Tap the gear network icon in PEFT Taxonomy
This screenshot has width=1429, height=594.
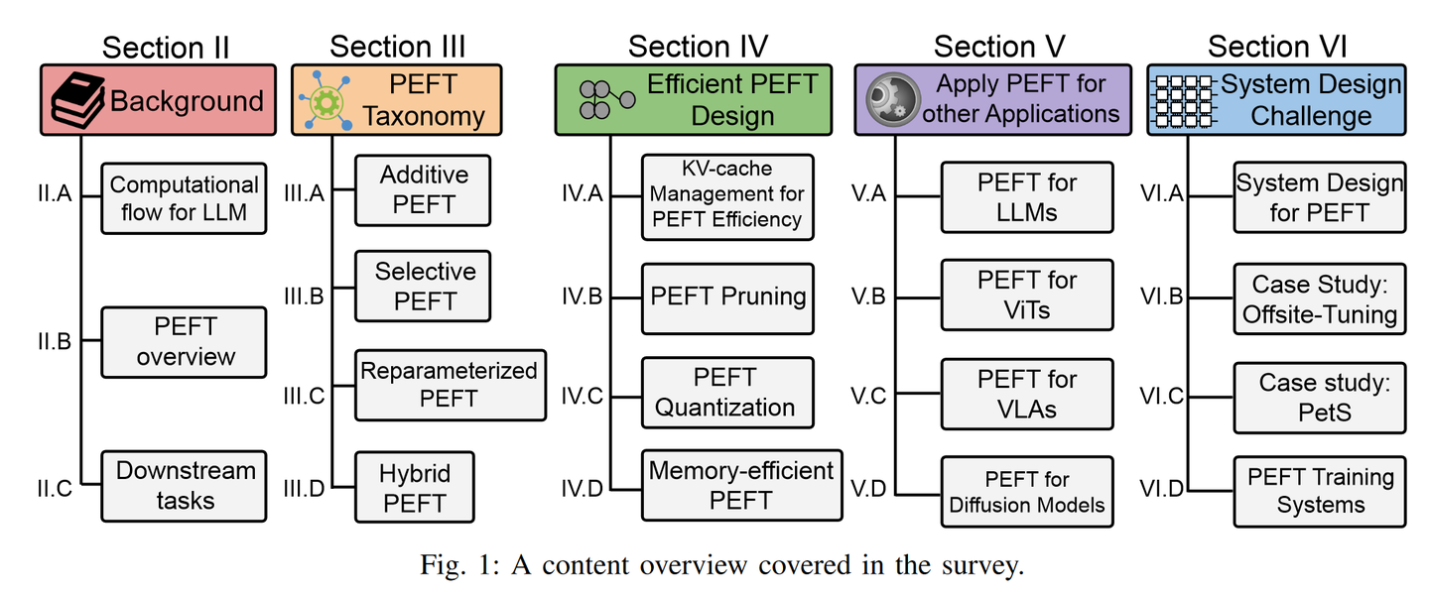(324, 101)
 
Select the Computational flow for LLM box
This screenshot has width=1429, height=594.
(184, 198)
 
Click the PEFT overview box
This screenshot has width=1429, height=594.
(184, 341)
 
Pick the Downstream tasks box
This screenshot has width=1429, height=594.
(184, 485)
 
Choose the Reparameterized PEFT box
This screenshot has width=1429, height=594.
(450, 385)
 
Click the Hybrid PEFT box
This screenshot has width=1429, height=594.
(415, 487)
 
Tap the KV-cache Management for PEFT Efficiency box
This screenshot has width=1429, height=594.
(727, 196)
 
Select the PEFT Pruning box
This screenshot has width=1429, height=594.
(727, 297)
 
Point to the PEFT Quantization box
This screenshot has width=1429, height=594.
(727, 393)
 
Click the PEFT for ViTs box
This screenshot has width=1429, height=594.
(1027, 296)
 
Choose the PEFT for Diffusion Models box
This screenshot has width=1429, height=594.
(1027, 492)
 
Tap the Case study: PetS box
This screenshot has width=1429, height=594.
(1319, 397)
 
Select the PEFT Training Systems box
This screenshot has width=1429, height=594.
(1319, 491)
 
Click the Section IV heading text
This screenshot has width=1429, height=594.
(698, 46)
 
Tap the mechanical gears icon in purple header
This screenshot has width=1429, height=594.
(890, 100)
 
